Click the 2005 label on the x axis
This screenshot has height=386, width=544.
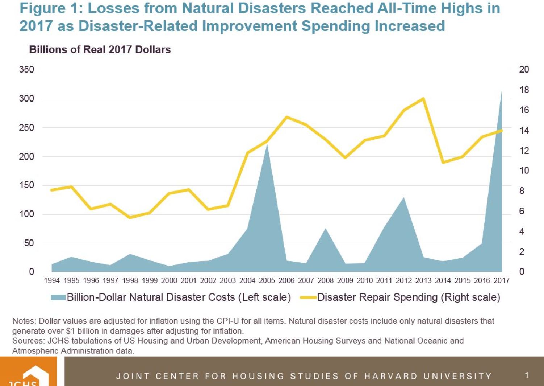point(267,280)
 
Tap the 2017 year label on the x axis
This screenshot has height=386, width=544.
point(502,280)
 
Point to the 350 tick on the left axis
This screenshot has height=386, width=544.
point(26,69)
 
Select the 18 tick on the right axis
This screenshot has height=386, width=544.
point(524,90)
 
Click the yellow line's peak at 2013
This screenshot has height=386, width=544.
point(423,99)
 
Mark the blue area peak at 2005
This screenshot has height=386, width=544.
point(267,144)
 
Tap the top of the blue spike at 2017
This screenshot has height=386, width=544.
point(502,91)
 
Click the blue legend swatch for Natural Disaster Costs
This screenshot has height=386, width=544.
point(58,297)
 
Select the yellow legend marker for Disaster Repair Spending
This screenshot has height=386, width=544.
point(308,297)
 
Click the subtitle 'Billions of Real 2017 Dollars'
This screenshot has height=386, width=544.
point(100,50)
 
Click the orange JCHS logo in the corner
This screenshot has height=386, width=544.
point(28,372)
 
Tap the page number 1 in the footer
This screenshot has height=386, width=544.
point(527,375)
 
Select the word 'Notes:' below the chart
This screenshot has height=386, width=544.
point(24,321)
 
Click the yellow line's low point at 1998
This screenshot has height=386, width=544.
point(130,218)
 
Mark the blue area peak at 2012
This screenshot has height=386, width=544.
point(403,198)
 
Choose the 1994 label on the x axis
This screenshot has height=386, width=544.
point(52,280)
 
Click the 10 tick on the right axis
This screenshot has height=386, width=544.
point(524,171)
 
